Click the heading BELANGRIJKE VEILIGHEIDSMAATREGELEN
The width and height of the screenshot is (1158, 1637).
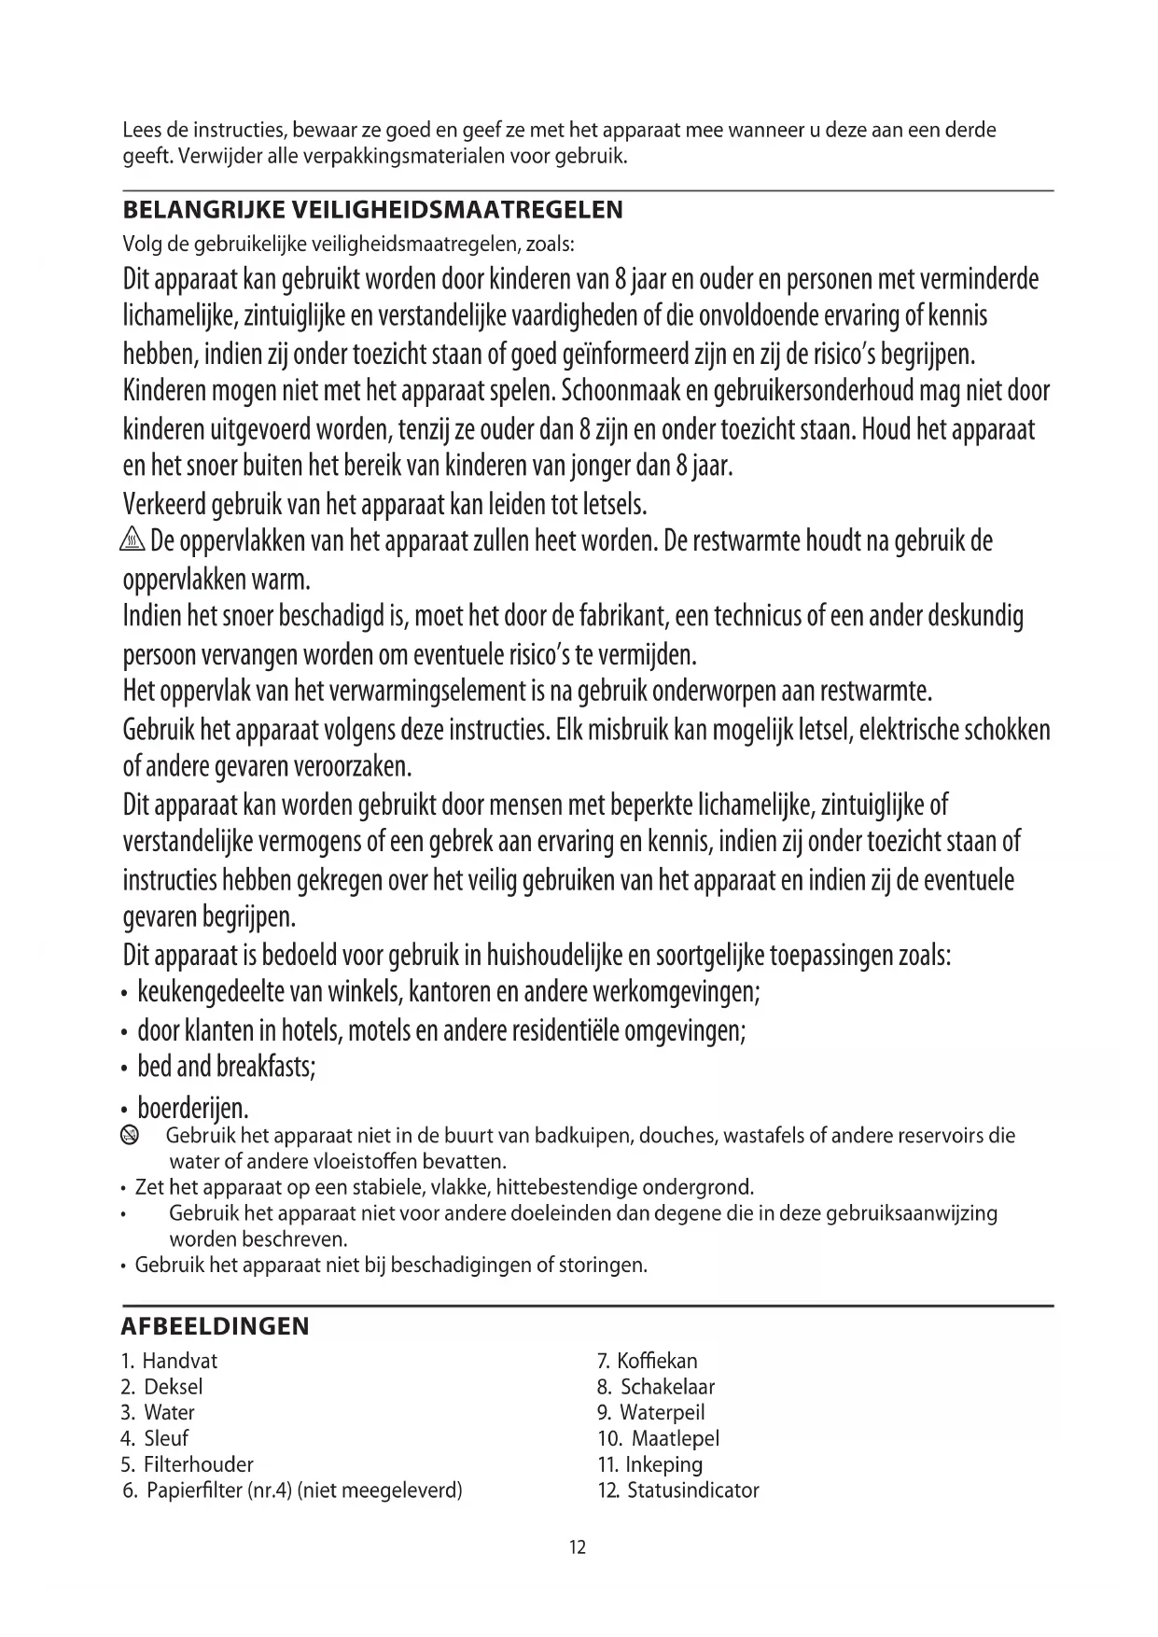(372, 210)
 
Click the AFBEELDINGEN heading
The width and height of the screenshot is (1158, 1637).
(216, 1326)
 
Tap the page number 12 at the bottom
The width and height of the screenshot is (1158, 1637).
(578, 1547)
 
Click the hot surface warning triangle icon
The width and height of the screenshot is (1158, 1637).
(133, 541)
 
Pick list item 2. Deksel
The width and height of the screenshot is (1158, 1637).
(162, 1387)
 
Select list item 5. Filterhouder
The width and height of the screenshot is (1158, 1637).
(188, 1464)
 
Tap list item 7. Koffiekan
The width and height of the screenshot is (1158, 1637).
(648, 1361)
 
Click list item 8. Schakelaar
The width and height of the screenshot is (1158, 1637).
(656, 1387)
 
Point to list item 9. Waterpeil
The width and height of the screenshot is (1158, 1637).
(651, 1412)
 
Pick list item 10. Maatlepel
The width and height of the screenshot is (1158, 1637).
(659, 1438)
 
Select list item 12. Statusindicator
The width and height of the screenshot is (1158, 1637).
(678, 1490)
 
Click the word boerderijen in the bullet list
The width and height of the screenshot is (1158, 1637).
(193, 1109)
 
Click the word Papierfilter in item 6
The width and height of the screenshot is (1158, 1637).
(195, 1490)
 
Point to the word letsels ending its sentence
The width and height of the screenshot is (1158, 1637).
(614, 506)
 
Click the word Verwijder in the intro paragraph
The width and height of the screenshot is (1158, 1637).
(220, 155)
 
